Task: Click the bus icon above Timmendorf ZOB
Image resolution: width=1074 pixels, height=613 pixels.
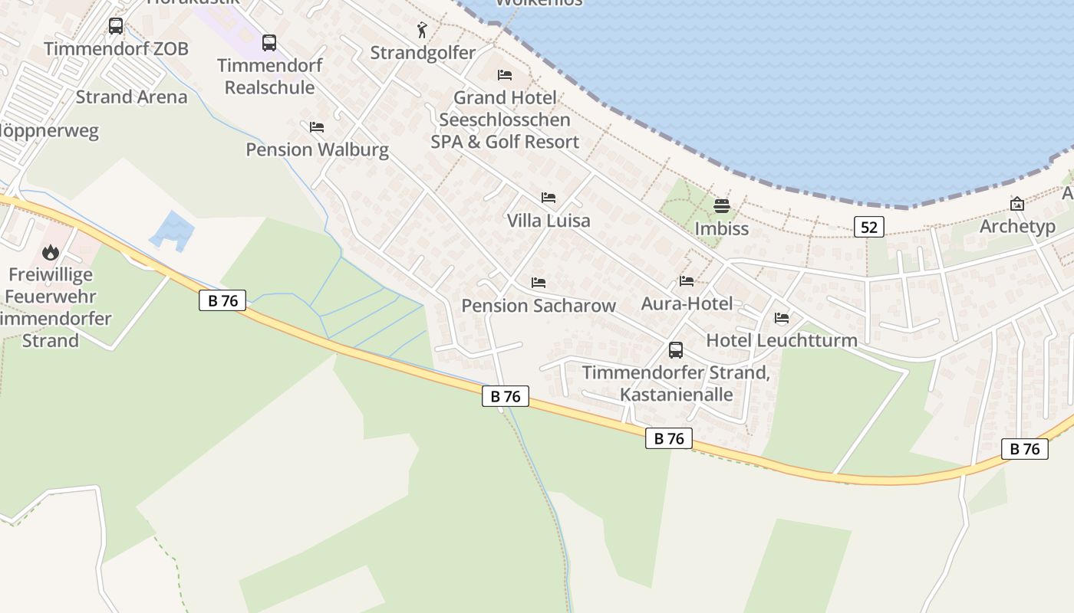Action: pos(116,26)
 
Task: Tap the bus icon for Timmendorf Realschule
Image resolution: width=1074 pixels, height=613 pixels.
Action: pos(269,43)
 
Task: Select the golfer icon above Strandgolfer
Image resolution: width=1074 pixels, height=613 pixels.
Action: pos(422,31)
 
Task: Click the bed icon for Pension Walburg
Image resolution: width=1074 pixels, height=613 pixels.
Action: pos(316,127)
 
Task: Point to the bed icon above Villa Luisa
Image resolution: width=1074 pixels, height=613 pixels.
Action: pos(548,198)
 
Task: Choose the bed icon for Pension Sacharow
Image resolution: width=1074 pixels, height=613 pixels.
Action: pos(538,283)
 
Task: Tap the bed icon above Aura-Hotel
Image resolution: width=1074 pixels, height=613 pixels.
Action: pos(687,281)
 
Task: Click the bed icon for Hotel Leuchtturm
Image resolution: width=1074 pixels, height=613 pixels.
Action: pos(782,318)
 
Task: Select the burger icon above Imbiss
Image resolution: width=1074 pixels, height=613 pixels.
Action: pos(721,205)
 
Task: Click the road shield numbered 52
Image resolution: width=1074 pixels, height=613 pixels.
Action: pos(868,226)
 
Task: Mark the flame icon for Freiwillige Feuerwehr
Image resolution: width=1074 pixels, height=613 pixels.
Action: pos(51,252)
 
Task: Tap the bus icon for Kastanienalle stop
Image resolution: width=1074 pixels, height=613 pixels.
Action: pos(676,350)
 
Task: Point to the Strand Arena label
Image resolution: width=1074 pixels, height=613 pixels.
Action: pos(131,97)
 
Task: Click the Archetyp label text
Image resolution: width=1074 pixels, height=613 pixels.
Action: pos(1017,227)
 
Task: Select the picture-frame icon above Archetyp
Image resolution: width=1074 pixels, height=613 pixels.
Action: pos(1017,204)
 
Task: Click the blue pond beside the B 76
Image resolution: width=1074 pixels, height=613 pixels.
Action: pos(173,230)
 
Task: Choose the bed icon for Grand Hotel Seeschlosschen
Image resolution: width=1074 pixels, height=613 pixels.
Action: pos(504,75)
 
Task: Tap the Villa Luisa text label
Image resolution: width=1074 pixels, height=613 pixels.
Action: pos(549,221)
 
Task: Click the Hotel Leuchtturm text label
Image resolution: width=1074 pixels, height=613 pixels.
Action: pos(782,340)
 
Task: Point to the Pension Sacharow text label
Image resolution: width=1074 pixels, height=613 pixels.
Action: pos(539,306)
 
